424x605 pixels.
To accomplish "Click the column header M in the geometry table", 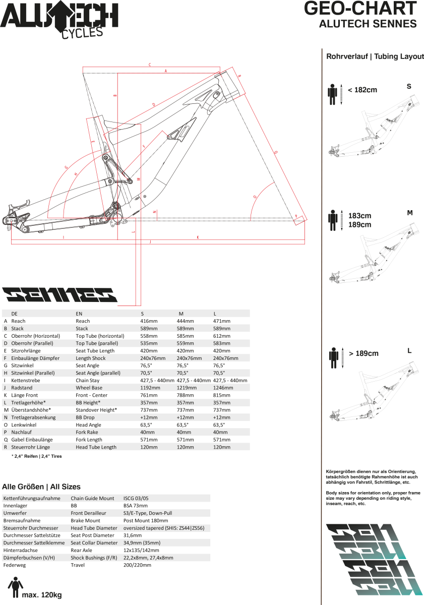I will pos(181,314).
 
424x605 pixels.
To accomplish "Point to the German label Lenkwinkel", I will pos(24,425).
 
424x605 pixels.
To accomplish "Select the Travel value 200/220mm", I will pos(137,565).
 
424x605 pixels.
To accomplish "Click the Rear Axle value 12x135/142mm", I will pos(141,550).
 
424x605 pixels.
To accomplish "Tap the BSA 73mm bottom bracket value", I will pos(136,505).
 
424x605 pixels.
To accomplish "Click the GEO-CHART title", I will pos(360,9).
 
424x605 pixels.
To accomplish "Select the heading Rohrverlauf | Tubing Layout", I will pos(375,56).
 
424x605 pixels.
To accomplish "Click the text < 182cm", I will pos(362,90).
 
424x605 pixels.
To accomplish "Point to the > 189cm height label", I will pos(363,353).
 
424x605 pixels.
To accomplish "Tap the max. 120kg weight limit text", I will pos(41,595).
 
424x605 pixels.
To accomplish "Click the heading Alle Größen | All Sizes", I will pos(41,487).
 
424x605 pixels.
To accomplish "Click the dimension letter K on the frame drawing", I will pos(198,237).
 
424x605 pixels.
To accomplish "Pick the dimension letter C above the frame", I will pos(150,65).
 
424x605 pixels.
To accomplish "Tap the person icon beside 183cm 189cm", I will pos(333,220).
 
